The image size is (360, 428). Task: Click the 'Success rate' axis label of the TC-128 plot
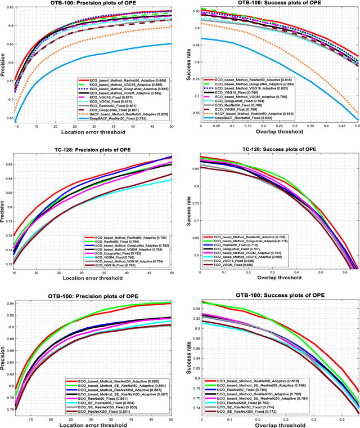point(187,212)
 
